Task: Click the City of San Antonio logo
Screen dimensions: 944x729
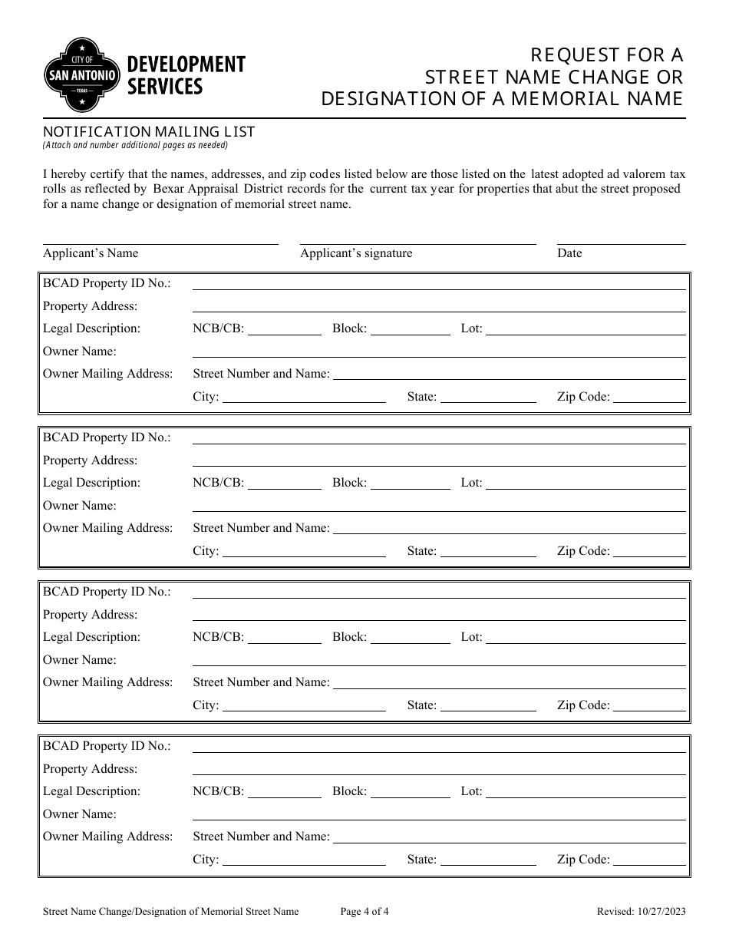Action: pos(82,74)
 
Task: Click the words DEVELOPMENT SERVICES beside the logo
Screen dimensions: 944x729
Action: pos(185,74)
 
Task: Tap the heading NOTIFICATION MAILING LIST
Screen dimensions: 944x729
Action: pos(149,131)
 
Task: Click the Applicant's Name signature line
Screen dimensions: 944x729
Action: pos(160,239)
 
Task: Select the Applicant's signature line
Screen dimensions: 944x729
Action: pos(417,239)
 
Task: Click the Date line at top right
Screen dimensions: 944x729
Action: pos(621,239)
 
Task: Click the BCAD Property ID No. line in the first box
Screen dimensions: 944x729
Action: pos(438,285)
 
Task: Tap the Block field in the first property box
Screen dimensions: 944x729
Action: pos(411,330)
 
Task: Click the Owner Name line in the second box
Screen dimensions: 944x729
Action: pos(438,507)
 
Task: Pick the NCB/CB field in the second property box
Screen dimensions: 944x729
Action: pos(284,484)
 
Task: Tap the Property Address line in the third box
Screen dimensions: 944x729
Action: pos(438,616)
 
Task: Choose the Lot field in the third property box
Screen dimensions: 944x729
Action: pos(586,639)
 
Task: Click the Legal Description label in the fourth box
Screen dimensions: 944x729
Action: pos(91,791)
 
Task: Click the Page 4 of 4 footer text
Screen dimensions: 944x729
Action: pos(364,912)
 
